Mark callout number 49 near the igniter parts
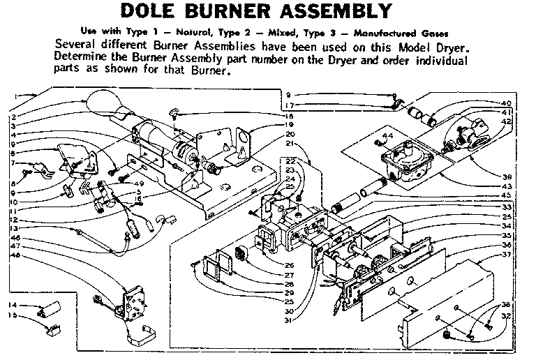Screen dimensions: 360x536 coord(139,183)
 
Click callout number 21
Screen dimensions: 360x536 coord(290,144)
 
